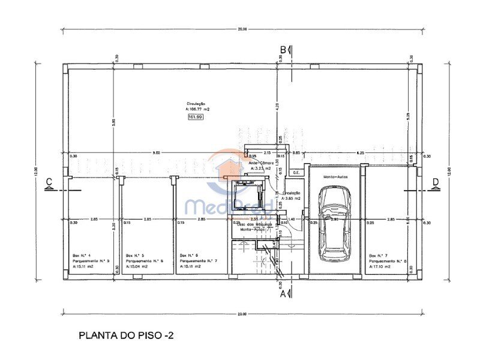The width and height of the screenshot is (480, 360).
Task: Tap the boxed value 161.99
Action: coord(196,117)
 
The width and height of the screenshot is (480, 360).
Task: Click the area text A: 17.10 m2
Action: coord(382,266)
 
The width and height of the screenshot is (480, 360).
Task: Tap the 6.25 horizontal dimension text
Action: coord(361,153)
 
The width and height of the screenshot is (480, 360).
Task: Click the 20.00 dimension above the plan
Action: coord(241,28)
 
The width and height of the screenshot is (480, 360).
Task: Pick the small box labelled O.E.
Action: coord(296,173)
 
